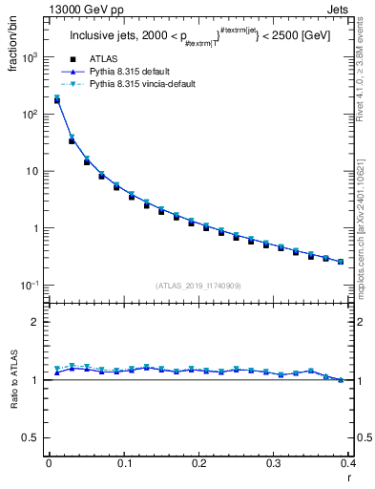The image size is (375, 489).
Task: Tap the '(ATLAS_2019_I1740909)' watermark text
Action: (x=198, y=285)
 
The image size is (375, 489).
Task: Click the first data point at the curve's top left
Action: (x=56, y=98)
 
